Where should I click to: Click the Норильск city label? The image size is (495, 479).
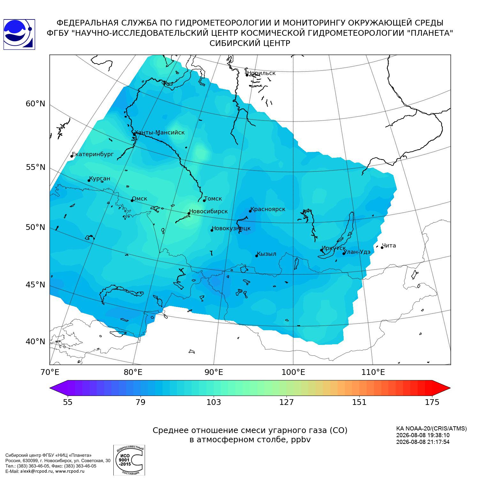pos(261,73)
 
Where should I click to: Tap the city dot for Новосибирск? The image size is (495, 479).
pos(189,213)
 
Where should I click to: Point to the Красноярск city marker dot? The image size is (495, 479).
pos(250,211)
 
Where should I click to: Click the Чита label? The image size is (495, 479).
pos(389,246)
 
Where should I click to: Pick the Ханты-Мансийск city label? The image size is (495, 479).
pos(160,133)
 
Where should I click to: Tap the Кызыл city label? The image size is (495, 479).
pos(267,254)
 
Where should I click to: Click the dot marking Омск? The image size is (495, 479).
pos(132,201)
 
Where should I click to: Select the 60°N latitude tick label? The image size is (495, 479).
pos(35,104)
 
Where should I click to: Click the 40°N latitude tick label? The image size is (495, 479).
pos(35,342)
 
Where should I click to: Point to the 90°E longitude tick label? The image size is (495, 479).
pos(214,372)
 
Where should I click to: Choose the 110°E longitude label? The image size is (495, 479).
pos(373,372)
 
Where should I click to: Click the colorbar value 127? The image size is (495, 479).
pos(286,402)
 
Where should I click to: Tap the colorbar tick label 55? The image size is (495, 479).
pos(68,402)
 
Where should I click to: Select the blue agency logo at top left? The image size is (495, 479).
pos(19,34)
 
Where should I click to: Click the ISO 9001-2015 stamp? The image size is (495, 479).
pos(129,460)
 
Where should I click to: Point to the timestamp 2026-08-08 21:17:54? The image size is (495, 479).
pos(423,442)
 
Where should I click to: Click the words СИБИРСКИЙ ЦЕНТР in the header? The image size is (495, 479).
pos(250,43)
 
